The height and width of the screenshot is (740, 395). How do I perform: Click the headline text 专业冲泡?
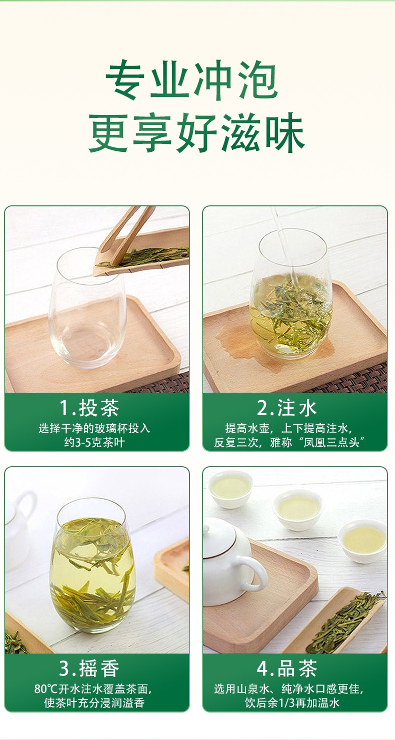(191, 80)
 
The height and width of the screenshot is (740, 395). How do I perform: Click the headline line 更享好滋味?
(196, 132)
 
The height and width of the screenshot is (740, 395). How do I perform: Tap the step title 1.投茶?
(89, 408)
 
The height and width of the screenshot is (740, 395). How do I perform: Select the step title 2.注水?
(287, 408)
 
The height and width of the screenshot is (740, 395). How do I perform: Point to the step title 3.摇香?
(89, 669)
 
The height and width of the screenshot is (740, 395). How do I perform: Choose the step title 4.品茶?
(287, 669)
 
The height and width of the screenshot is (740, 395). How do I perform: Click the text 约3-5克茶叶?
(94, 442)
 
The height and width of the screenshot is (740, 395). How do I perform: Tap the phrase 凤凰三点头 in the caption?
(331, 442)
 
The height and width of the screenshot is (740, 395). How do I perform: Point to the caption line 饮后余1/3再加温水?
(292, 703)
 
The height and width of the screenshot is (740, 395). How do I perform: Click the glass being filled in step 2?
(291, 294)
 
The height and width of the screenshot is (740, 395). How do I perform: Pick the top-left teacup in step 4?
(230, 489)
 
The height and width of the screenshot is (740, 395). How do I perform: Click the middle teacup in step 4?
(298, 510)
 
